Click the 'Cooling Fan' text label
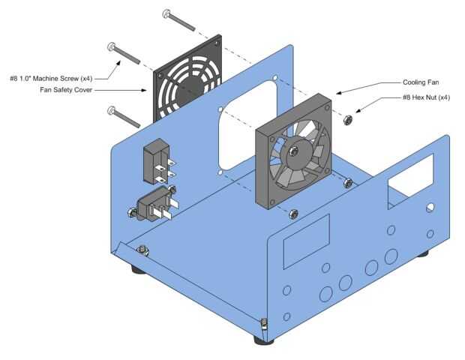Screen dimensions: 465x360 [x=421, y=82]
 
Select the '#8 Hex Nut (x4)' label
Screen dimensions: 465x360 [x=426, y=97]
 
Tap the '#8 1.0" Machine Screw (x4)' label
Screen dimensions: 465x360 [x=51, y=79]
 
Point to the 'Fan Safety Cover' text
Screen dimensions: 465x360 [x=66, y=90]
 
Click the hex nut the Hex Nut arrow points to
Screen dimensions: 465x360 [x=347, y=120]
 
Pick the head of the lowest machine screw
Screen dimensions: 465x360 [x=111, y=110]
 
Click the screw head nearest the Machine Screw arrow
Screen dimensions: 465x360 [x=111, y=46]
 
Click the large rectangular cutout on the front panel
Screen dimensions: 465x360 [x=307, y=241]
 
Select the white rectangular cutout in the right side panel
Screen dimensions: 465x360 [x=411, y=175]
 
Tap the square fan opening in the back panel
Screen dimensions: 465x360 [x=248, y=124]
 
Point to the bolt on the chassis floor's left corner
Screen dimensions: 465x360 [x=142, y=250]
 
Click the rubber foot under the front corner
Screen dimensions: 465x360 [x=264, y=340]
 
